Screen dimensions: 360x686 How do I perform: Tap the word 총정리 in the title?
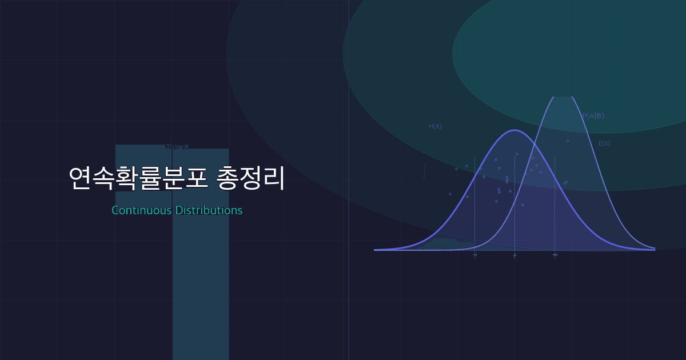click(x=251, y=179)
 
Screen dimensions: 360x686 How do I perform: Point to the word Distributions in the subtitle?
click(x=209, y=210)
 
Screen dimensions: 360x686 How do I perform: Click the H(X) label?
click(x=435, y=126)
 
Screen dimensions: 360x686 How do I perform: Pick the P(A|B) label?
click(x=593, y=116)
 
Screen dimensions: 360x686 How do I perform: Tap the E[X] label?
click(x=604, y=143)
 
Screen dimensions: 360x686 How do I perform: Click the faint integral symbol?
click(x=424, y=171)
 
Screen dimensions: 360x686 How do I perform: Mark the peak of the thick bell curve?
click(x=514, y=130)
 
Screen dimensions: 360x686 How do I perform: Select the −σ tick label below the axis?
click(x=474, y=255)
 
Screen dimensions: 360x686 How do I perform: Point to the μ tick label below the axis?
click(x=514, y=255)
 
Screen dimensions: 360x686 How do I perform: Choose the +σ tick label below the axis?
click(x=555, y=255)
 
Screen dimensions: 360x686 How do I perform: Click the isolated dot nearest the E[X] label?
click(x=568, y=141)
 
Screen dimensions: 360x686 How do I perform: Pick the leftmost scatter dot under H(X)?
click(x=450, y=194)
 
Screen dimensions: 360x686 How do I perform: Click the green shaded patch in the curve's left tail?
click(x=446, y=244)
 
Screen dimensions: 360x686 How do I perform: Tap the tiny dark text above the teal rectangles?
click(x=177, y=147)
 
